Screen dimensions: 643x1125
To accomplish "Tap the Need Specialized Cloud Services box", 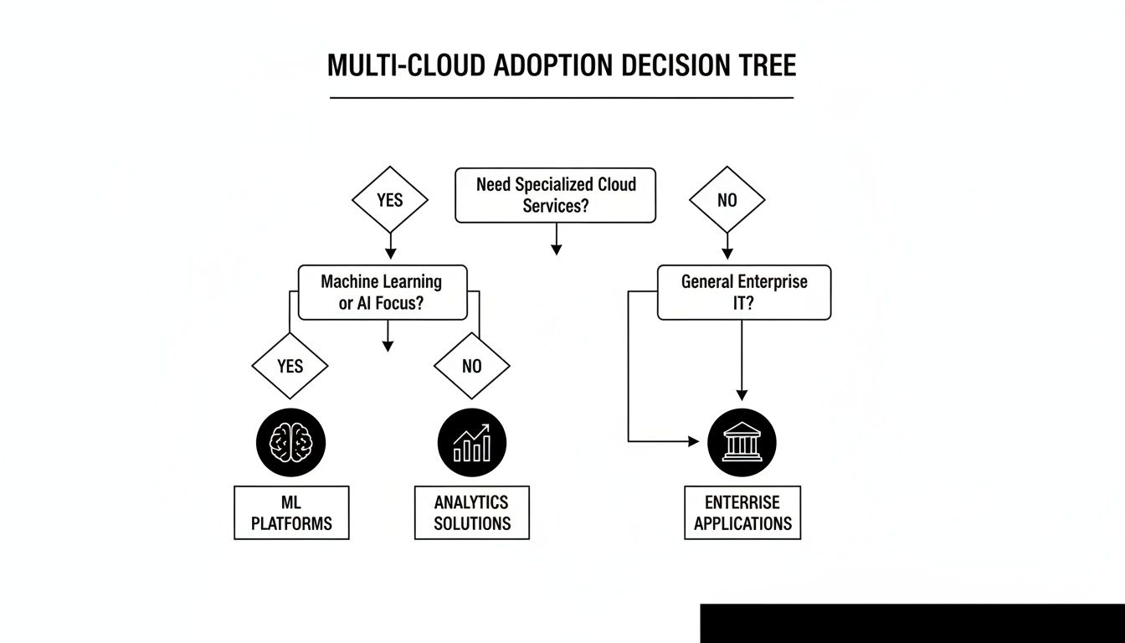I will point(555,196).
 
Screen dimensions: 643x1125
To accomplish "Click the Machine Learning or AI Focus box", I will point(383,292).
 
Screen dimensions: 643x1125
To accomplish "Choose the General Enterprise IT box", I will point(743,292).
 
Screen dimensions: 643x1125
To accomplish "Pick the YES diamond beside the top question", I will point(389,200).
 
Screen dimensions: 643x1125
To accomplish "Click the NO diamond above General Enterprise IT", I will point(727,200).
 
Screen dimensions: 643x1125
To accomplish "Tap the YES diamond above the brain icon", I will point(290,366).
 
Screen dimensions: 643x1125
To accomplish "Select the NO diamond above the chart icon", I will point(471,366).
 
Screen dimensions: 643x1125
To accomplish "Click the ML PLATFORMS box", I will point(291,512).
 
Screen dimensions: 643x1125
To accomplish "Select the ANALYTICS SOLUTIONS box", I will point(472,512).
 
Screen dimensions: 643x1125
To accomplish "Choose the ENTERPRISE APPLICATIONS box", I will point(742,512).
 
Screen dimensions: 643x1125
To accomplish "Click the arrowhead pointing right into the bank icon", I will point(693,441).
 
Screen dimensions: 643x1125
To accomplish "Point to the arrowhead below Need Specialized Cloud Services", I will point(556,249).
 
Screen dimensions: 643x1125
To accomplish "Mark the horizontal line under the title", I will point(561,98).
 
